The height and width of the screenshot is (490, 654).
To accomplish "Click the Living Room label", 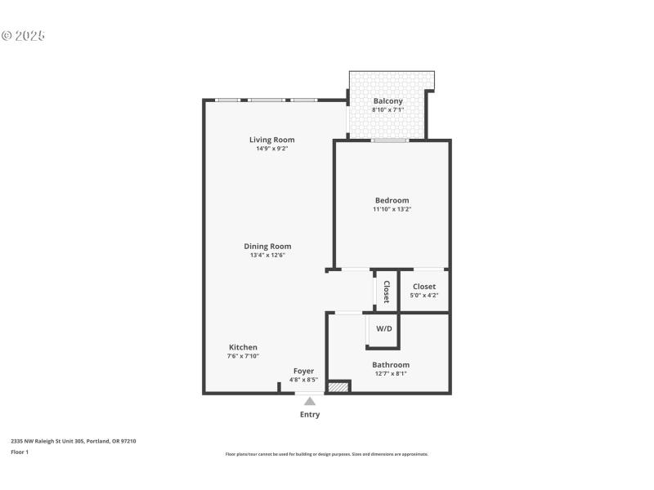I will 271,140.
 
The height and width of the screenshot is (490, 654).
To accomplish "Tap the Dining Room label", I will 267,246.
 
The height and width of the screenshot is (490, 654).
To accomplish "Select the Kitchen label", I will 243,347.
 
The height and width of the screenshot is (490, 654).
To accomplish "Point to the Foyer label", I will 303,371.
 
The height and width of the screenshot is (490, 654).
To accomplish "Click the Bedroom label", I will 392,200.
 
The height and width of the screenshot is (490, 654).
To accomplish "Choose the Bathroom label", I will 390,365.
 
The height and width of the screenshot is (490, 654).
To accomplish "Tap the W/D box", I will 383,329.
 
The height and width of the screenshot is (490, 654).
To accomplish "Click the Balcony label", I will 387,101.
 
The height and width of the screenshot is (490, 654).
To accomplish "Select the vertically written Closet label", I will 387,292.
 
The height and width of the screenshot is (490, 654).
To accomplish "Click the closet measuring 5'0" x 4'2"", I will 424,291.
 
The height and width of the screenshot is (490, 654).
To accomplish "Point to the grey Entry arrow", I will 309,400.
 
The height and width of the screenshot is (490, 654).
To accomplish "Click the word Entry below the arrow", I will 309,414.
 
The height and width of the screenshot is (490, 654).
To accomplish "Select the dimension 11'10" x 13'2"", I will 392,209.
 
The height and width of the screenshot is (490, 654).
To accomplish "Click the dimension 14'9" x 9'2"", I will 271,149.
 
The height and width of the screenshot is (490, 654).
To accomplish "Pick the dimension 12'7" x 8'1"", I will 390,374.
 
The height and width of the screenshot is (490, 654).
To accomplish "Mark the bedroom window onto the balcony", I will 389,140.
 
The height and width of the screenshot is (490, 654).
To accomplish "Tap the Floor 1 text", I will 20,452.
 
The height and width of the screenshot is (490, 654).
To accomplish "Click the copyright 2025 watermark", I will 23,36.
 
